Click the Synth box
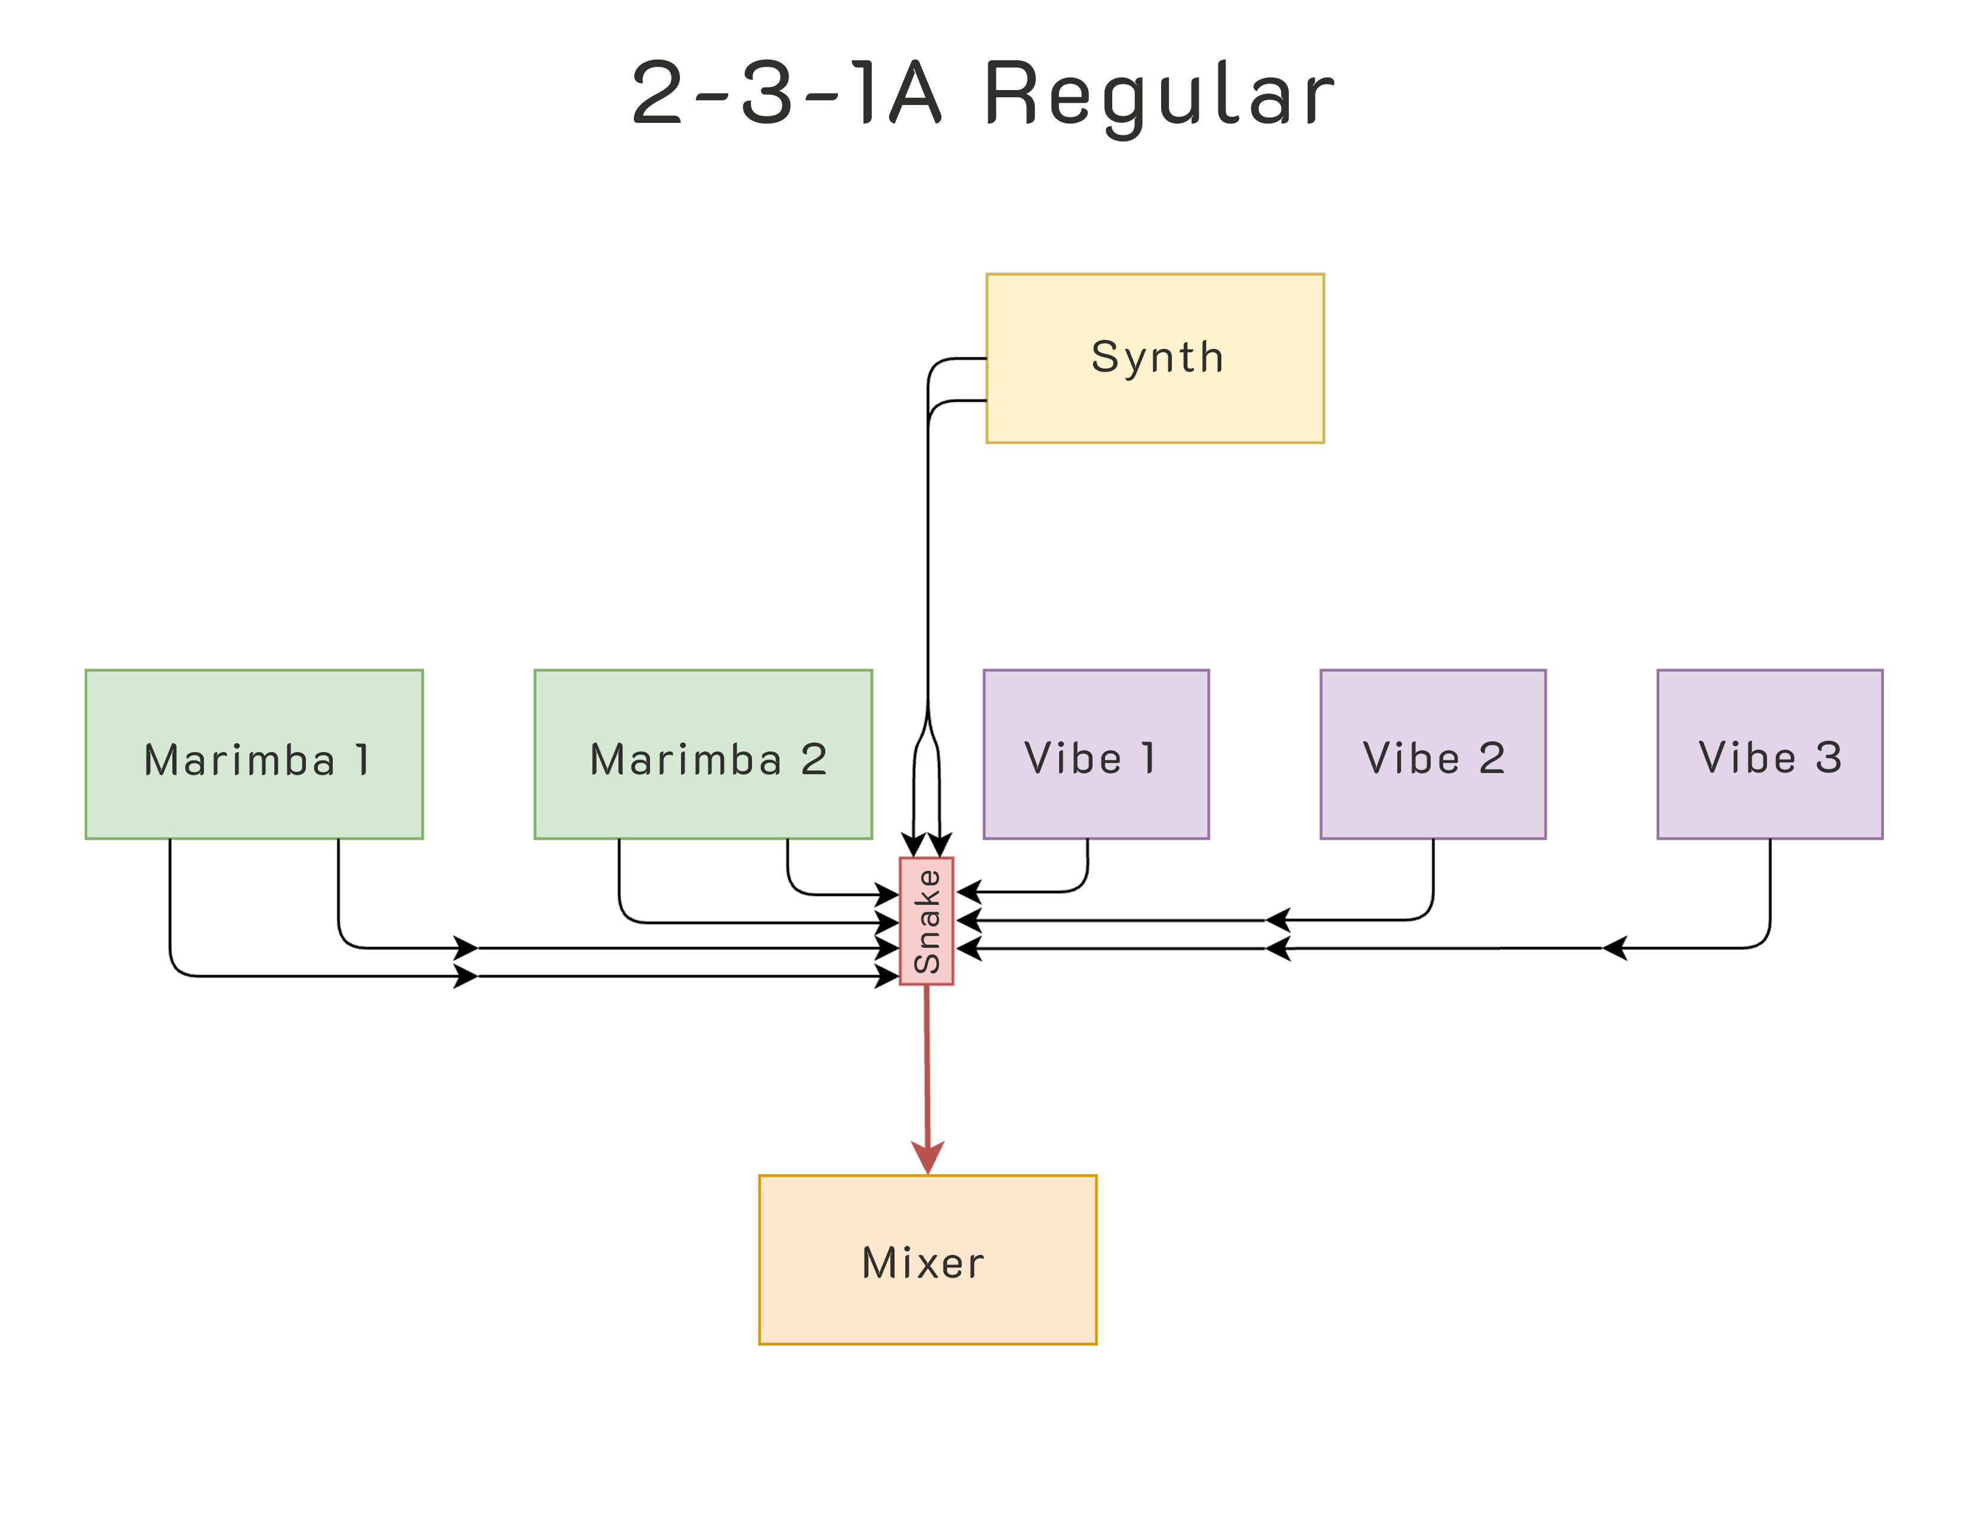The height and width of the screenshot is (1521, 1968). [1155, 358]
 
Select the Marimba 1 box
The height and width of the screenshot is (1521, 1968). [254, 754]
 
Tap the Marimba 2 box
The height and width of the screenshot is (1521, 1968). [703, 754]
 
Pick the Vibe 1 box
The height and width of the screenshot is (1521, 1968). [1096, 754]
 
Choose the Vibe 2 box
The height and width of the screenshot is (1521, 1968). [1432, 754]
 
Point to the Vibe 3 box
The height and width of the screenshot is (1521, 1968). [1770, 754]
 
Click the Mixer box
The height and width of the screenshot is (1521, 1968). [927, 1260]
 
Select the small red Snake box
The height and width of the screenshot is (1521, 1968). [926, 921]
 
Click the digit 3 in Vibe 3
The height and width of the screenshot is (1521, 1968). [1828, 757]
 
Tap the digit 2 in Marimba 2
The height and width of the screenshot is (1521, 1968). [813, 759]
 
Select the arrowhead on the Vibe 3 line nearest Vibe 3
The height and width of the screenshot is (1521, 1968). [1615, 948]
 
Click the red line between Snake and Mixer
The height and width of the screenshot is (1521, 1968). [927, 1064]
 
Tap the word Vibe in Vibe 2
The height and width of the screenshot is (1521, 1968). [1411, 758]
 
